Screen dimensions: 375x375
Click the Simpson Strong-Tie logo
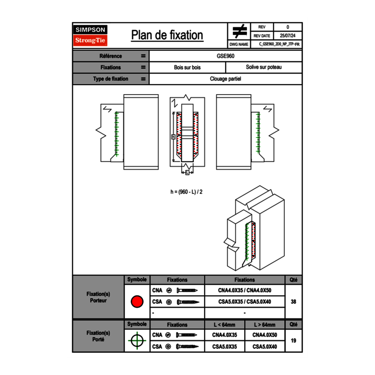(x=91, y=35)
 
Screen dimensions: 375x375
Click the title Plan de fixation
(x=167, y=35)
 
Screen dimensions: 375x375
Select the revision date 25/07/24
(x=288, y=36)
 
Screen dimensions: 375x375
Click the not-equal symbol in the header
(x=239, y=31)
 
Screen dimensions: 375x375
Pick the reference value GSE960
(x=225, y=56)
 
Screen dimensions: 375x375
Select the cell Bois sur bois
(x=187, y=67)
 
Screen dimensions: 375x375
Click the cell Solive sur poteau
(x=263, y=67)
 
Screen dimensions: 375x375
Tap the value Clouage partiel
(x=225, y=79)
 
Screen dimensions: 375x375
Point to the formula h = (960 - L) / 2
(x=186, y=192)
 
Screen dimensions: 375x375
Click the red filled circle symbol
(x=137, y=302)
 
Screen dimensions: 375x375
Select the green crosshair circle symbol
(x=137, y=341)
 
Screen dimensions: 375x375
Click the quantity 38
(x=293, y=302)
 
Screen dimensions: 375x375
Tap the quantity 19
(x=293, y=341)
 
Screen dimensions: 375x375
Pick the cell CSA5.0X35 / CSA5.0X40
(x=245, y=302)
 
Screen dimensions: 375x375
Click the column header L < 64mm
(x=225, y=325)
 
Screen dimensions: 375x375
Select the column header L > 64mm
(x=265, y=325)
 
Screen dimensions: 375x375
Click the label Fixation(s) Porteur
(x=98, y=297)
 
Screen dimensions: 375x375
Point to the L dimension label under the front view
(x=187, y=172)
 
